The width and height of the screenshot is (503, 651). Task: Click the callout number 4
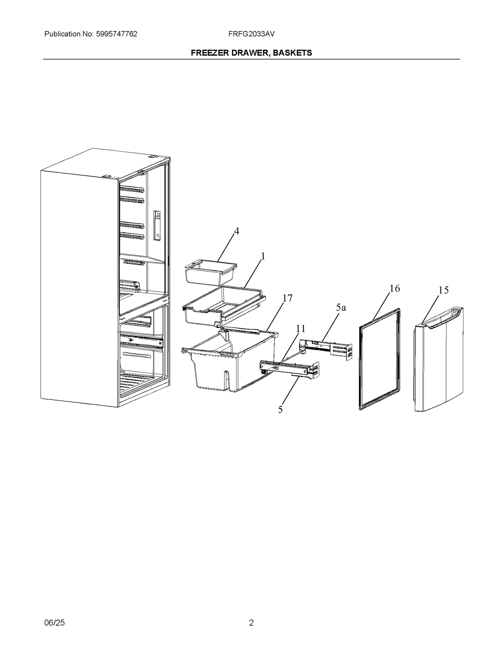click(236, 231)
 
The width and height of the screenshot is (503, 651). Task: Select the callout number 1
click(263, 256)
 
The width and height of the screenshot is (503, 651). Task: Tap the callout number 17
click(287, 298)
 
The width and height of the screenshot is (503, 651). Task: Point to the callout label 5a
click(341, 307)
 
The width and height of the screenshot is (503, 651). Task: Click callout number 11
click(301, 328)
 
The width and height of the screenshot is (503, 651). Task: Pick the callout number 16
click(395, 288)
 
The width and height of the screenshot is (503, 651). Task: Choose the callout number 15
click(443, 290)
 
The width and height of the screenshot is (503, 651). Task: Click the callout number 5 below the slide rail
click(280, 410)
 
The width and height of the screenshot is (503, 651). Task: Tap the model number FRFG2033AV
click(251, 34)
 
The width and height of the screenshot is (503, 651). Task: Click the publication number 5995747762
click(115, 34)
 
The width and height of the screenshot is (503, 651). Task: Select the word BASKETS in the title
click(292, 53)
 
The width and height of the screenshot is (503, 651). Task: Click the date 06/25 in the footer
click(54, 622)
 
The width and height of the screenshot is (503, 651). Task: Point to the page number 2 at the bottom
click(251, 622)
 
